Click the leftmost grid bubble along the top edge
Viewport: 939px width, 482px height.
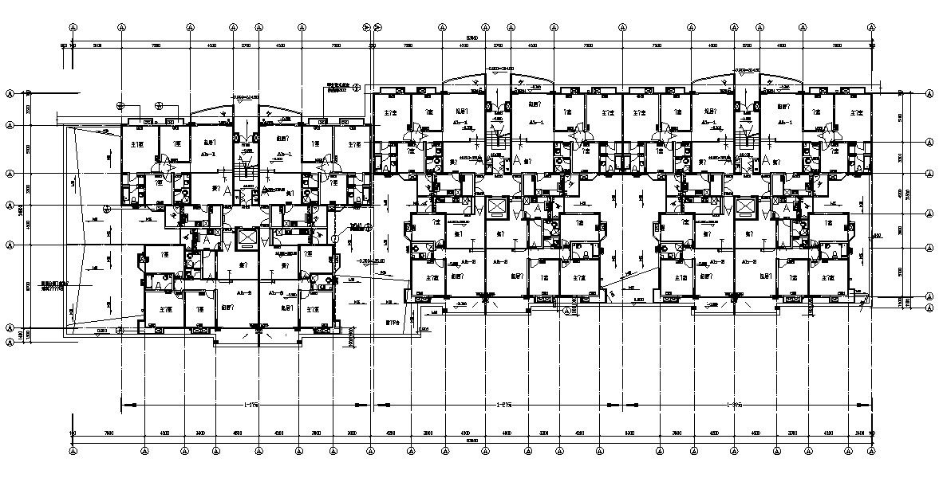click(73, 26)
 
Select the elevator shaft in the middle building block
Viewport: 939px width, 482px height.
click(496, 206)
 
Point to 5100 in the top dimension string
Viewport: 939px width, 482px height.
click(97, 46)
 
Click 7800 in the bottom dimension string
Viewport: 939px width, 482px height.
click(108, 433)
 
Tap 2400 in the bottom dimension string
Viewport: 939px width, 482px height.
click(858, 433)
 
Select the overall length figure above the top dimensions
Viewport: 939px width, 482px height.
click(471, 37)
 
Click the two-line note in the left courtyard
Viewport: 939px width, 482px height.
click(55, 285)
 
